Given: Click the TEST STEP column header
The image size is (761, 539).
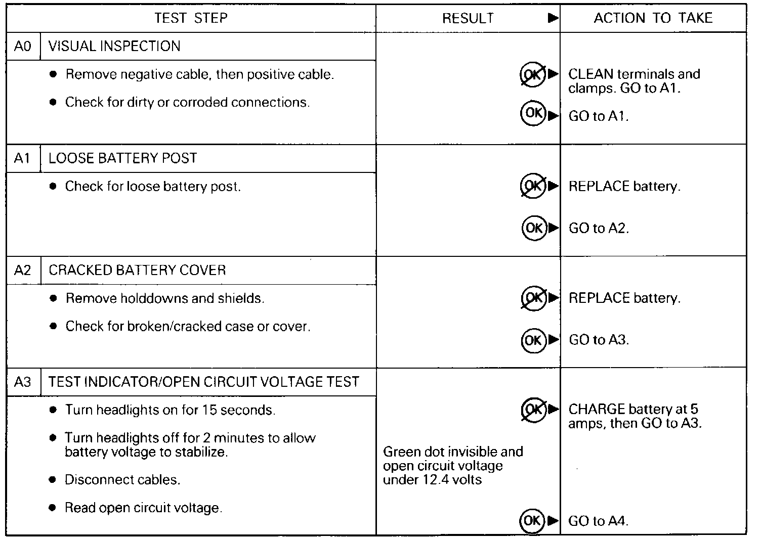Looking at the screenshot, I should (x=191, y=18).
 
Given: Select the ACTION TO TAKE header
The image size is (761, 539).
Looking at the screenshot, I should (x=653, y=18).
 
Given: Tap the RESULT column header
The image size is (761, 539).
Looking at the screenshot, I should (x=468, y=19).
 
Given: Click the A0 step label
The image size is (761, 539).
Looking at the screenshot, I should (x=23, y=47).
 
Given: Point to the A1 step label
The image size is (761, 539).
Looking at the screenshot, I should (x=23, y=158).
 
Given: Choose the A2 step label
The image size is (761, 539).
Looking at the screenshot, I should (x=23, y=270).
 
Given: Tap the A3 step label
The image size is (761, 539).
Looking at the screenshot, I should (x=23, y=382).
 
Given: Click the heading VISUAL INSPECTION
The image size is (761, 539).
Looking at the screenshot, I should (x=114, y=47).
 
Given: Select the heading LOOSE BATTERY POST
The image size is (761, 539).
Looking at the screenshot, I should (x=122, y=158).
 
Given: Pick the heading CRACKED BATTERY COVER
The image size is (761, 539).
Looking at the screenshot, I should (x=137, y=270).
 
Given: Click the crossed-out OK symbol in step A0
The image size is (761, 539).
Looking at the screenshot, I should (x=533, y=75).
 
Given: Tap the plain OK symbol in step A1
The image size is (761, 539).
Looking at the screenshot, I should (x=534, y=228).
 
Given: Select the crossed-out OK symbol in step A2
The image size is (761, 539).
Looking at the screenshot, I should (x=534, y=298).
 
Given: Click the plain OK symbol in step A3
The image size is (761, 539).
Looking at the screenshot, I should (x=532, y=520).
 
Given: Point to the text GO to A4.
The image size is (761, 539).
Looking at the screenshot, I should (x=599, y=521).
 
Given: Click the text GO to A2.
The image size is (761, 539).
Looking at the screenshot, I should (x=599, y=229).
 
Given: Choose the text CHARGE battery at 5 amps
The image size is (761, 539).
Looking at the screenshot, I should (x=635, y=416).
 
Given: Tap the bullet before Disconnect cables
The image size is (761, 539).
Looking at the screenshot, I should (x=53, y=480).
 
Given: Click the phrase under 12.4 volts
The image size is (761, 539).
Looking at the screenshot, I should (x=432, y=479).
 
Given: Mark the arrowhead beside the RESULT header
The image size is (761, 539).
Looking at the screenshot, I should (x=553, y=19).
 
